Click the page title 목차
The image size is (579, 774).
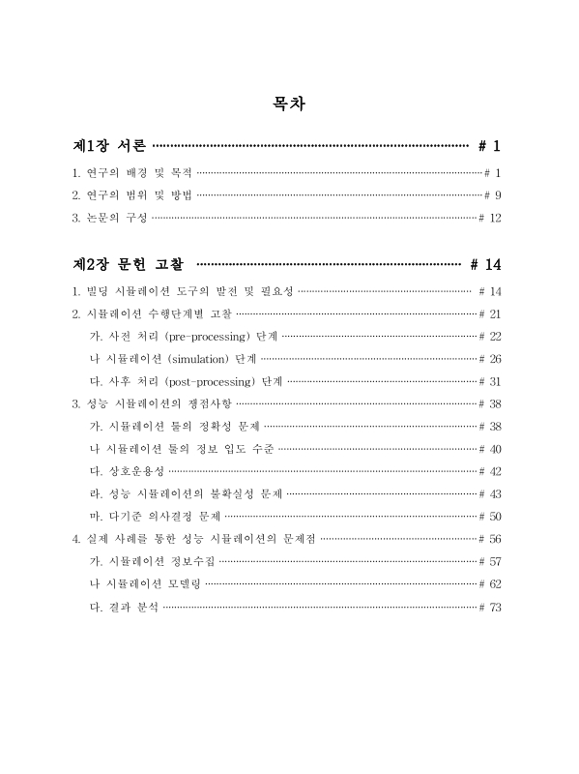click(289, 104)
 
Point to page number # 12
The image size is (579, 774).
click(490, 219)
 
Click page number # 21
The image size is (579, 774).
click(490, 313)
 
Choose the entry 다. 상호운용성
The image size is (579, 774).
click(126, 471)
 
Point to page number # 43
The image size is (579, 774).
click(490, 493)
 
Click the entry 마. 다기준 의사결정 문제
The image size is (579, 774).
click(155, 516)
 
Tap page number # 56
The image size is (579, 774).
click(490, 539)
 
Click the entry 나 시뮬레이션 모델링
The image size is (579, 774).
click(145, 584)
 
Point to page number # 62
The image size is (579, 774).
click(490, 584)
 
